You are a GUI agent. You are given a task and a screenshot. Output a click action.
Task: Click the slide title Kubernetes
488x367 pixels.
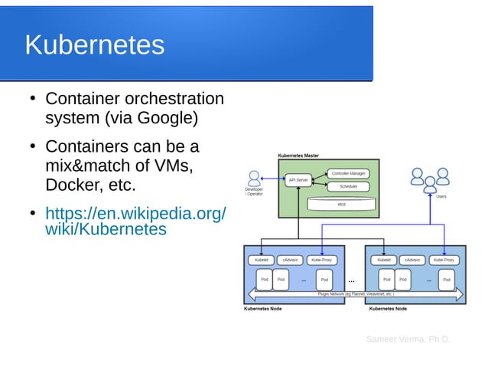pos(94,44)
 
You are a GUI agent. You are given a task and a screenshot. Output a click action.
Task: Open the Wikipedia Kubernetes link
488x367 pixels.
pos(135,220)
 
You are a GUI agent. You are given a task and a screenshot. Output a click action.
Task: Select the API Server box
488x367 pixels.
pos(298,180)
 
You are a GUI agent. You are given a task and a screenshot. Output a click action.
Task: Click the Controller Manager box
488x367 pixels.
pos(349,173)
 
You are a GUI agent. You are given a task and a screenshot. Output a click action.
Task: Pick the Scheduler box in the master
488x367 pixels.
pos(349,186)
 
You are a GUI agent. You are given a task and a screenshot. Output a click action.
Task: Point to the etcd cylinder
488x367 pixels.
pos(341,204)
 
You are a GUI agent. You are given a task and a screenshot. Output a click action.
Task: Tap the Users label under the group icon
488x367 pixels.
pos(441,197)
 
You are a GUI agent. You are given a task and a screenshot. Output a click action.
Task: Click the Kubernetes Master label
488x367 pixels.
pos(298,156)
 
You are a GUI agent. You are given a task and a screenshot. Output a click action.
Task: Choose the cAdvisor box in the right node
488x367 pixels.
pos(412,260)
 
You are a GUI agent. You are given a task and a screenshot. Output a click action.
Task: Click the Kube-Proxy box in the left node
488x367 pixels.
pos(321,260)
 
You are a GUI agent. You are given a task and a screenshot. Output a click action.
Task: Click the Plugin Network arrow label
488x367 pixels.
pos(356,293)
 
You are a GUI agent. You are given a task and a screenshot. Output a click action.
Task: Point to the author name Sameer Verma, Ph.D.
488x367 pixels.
pos(408,339)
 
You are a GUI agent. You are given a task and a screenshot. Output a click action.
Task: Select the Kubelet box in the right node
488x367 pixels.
pos(384,260)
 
